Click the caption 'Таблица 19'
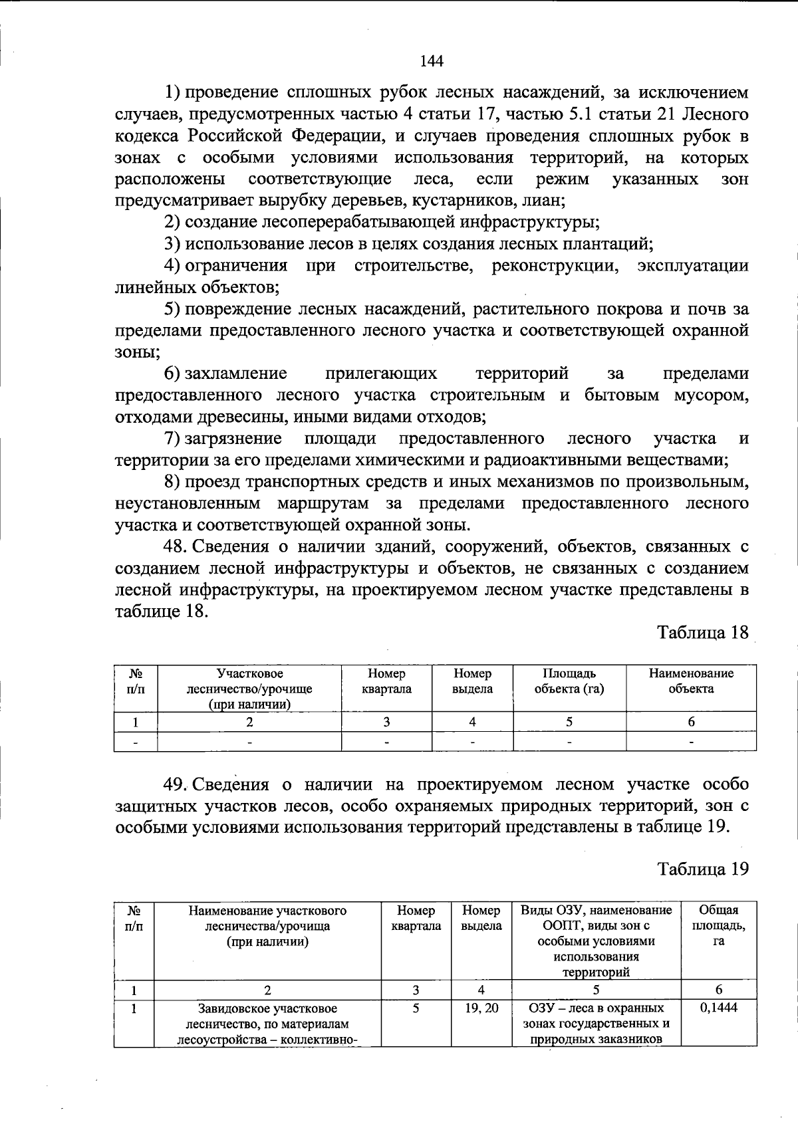coord(703,868)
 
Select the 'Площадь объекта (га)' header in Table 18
coord(569,681)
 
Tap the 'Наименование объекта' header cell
coord(691,681)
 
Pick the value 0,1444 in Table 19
coord(719,1008)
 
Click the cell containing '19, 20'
coord(481,1008)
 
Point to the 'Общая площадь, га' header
coord(719,925)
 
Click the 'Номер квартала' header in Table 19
coord(416,918)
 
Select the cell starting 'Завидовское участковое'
coord(267,1024)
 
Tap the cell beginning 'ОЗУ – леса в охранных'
coord(596,1024)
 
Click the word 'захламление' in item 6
coord(235,374)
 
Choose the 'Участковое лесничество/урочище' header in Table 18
coord(249,681)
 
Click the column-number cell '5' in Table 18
coord(569,722)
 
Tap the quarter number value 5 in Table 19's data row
coord(416,1008)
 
